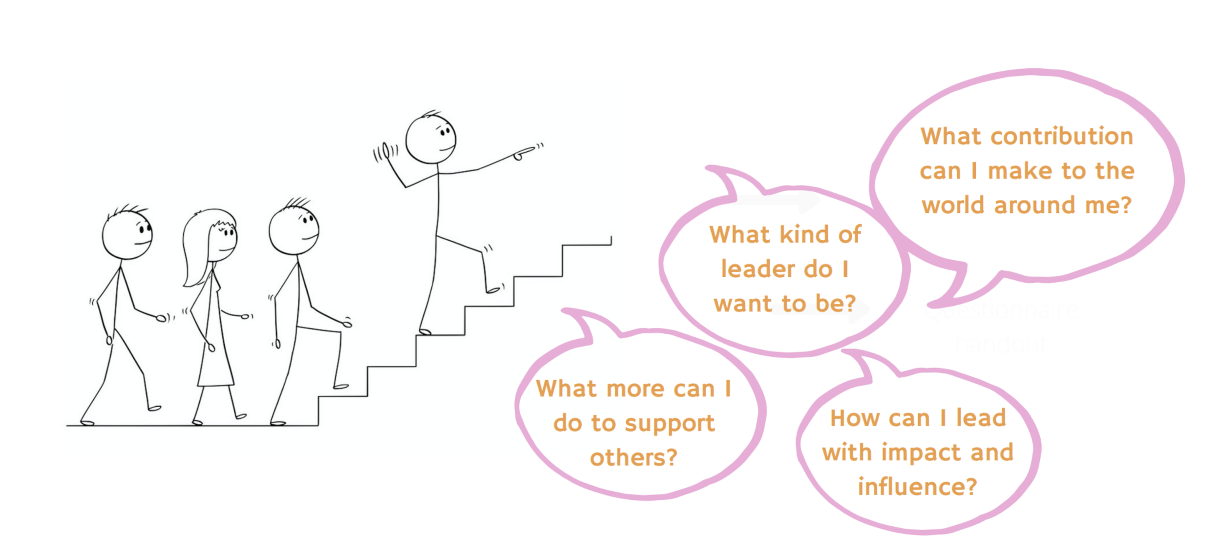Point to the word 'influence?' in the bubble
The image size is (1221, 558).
tap(917, 487)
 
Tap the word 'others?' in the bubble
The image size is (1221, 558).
tap(633, 458)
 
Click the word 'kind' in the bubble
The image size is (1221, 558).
tap(803, 235)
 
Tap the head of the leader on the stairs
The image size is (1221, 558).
tap(431, 139)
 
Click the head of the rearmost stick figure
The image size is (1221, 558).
tap(127, 234)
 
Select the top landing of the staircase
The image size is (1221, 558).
tap(586, 245)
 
